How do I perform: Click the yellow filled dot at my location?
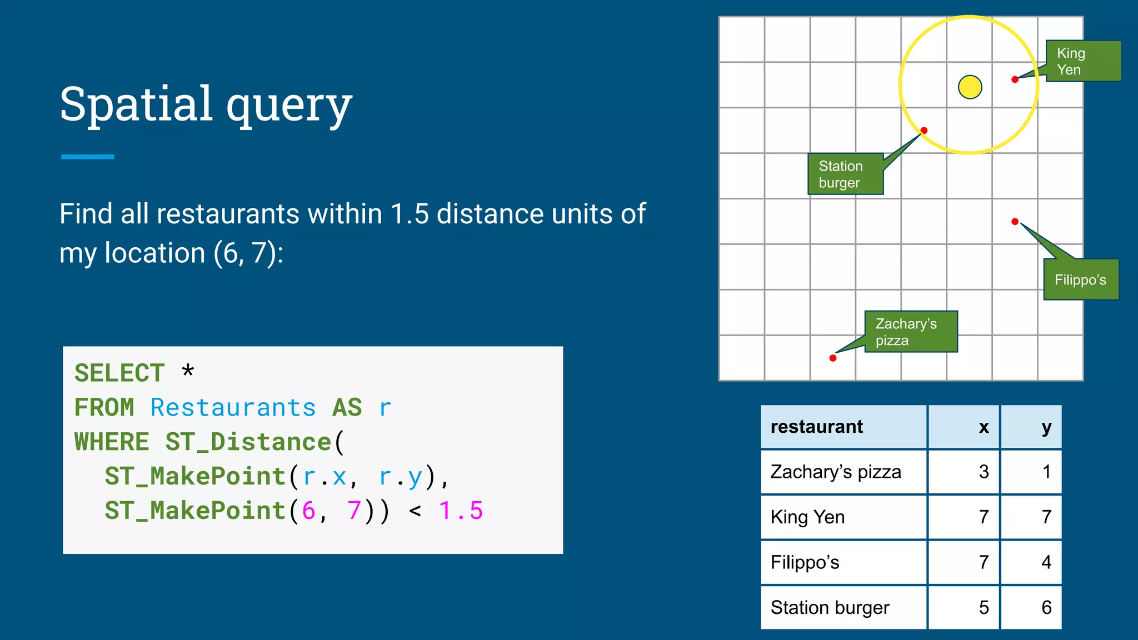pos(970,87)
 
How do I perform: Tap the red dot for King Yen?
pos(1015,79)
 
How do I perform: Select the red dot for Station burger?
pos(924,131)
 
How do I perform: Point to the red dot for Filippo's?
pos(1015,222)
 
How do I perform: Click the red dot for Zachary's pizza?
pos(832,358)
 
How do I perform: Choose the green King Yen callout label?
pos(1082,61)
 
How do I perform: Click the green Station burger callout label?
pos(845,174)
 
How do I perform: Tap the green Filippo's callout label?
pos(1080,279)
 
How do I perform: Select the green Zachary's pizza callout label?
pos(911,332)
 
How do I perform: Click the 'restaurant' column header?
pos(816,427)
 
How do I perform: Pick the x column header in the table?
pos(984,427)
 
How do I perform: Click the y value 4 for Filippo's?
pos(1046,562)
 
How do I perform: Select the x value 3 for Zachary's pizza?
pos(984,472)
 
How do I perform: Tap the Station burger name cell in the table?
pos(830,607)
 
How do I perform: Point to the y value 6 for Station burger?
pos(1046,607)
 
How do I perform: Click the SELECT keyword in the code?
pos(119,373)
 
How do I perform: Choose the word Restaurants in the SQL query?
pos(233,408)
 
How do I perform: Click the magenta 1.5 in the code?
pos(461,511)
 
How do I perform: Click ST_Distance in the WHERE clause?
pos(248,442)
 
